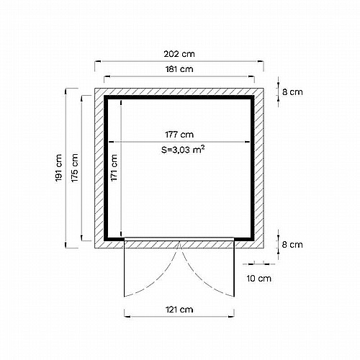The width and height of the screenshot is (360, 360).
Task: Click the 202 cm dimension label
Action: [x=179, y=54]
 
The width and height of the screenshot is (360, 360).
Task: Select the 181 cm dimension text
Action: [x=179, y=69]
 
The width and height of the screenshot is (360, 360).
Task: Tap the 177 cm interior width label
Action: [x=179, y=135]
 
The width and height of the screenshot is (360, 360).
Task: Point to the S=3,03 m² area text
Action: [x=183, y=150]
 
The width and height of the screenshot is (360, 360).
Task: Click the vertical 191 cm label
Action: [x=58, y=168]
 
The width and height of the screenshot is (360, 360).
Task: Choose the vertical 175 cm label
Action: [x=74, y=168]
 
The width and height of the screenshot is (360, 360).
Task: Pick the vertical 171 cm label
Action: [x=114, y=168]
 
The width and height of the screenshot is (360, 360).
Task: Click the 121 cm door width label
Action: [x=179, y=310]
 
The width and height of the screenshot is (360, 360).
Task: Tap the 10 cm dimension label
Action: [x=258, y=279]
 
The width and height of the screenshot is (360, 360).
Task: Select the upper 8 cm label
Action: [x=292, y=92]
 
